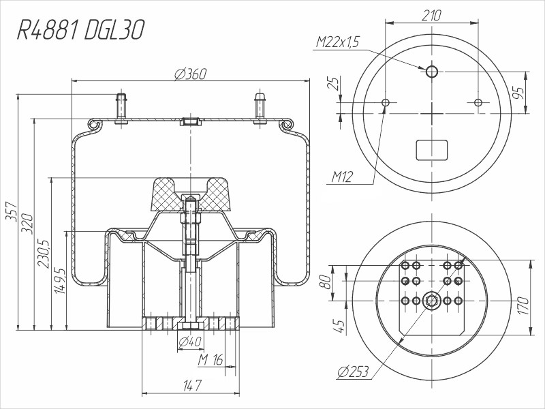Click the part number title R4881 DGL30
click(80, 31)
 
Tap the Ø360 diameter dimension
click(191, 74)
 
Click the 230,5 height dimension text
click(45, 254)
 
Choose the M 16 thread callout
click(211, 359)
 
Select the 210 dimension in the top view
click(432, 15)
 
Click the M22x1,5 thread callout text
click(337, 43)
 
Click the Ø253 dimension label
click(353, 372)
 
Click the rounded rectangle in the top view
click(432, 149)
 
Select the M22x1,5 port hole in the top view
click(432, 72)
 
